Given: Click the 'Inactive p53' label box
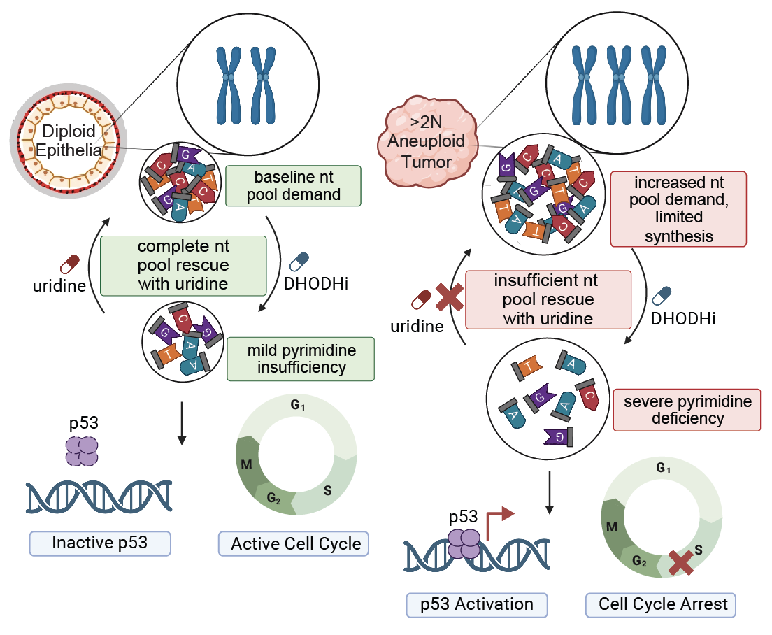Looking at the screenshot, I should pyautogui.click(x=100, y=543).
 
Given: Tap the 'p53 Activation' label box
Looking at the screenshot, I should pyautogui.click(x=477, y=604).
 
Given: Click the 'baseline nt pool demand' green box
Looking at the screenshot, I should pyautogui.click(x=293, y=185).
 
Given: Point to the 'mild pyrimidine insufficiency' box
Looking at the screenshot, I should pyautogui.click(x=301, y=358).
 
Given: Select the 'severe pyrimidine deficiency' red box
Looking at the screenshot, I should pyautogui.click(x=687, y=410).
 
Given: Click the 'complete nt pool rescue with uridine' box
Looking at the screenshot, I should pyautogui.click(x=183, y=266).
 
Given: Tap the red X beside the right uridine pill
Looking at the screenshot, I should pyautogui.click(x=450, y=299).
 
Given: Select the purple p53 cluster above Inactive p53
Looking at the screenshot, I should pyautogui.click(x=83, y=450).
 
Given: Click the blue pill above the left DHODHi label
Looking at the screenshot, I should pyautogui.click(x=299, y=261).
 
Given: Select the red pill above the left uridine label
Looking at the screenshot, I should pyautogui.click(x=71, y=264).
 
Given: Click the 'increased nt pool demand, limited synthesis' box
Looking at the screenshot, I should pyautogui.click(x=678, y=209).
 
